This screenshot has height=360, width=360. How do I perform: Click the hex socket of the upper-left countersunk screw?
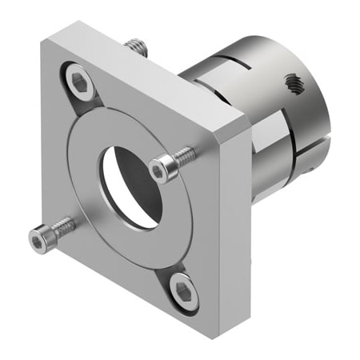pos(78,80)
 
